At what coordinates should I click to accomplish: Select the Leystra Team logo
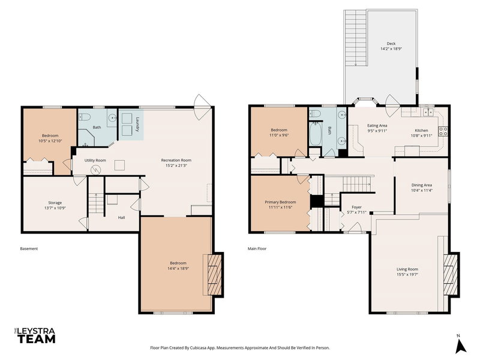click(x=34, y=336)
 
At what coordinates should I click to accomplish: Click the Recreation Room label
click(x=176, y=160)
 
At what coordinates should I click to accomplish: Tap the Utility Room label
click(x=95, y=160)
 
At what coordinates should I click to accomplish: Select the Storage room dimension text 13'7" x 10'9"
click(x=50, y=208)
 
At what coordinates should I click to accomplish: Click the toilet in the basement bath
click(x=85, y=117)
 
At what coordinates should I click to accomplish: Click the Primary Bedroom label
click(x=280, y=202)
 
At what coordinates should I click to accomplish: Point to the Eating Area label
click(x=377, y=125)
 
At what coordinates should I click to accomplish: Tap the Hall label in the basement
click(x=121, y=217)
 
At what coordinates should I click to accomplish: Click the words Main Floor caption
click(x=257, y=248)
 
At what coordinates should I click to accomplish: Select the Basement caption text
click(x=29, y=248)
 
